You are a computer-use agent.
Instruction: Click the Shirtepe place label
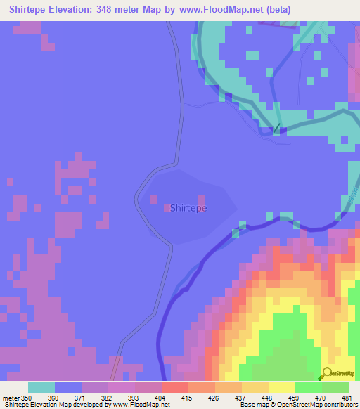click(188, 208)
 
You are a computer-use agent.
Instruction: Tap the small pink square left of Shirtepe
click(167, 207)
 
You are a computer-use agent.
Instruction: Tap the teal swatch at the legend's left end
click(41, 387)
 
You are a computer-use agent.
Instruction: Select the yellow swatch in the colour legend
click(282, 387)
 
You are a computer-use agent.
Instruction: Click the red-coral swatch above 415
click(174, 387)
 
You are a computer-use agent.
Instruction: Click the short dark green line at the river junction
click(276, 129)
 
